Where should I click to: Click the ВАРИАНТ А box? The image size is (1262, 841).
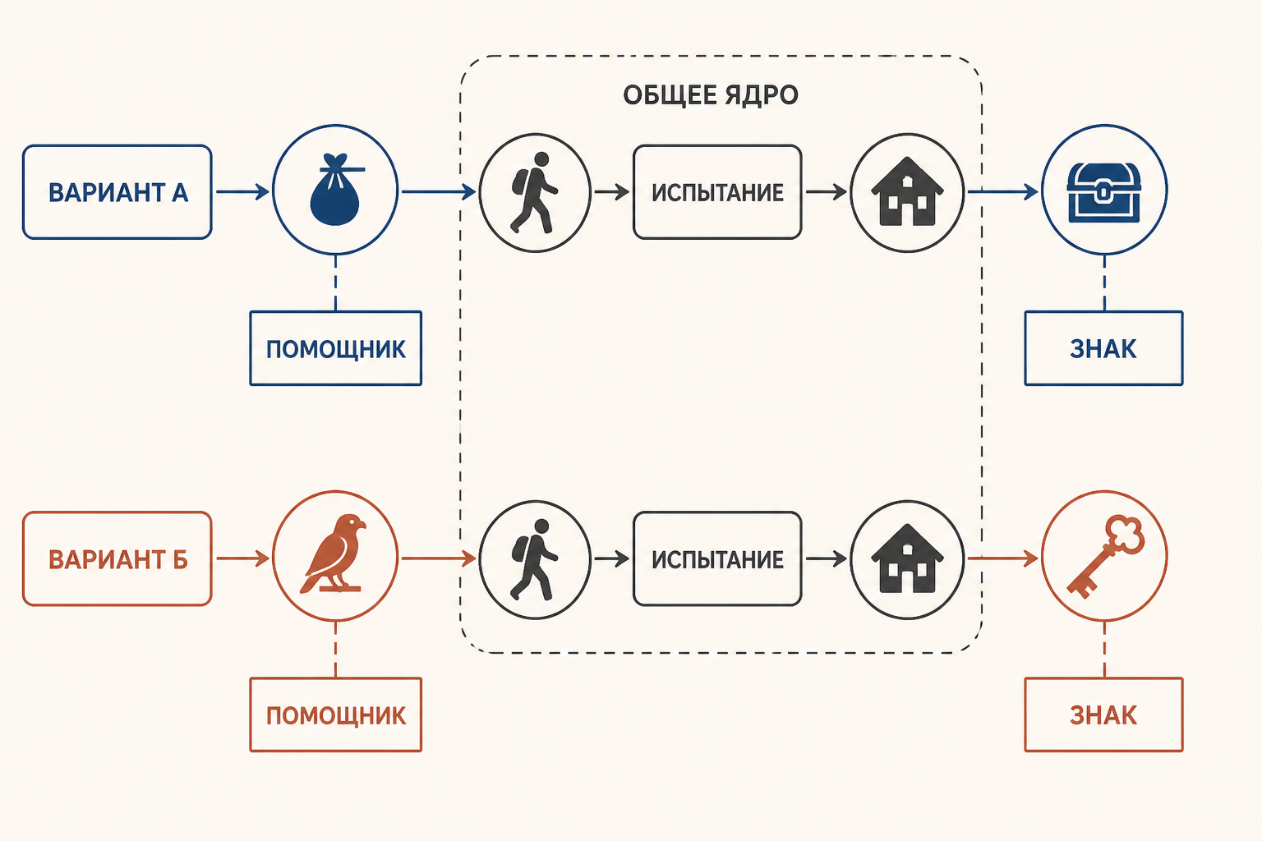pyautogui.click(x=117, y=192)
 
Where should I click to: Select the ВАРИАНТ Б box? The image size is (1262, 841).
pyautogui.click(x=117, y=558)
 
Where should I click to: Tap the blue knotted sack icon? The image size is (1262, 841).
pyautogui.click(x=335, y=189)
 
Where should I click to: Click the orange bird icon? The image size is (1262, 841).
pyautogui.click(x=334, y=554)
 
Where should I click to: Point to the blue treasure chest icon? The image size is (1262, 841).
pyautogui.click(x=1104, y=191)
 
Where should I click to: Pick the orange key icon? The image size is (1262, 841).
pyautogui.click(x=1105, y=556)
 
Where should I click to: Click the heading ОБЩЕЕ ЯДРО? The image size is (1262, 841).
pyautogui.click(x=711, y=94)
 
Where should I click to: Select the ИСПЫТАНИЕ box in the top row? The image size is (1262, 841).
pyautogui.click(x=717, y=192)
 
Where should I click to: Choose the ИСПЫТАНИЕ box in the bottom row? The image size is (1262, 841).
pyautogui.click(x=717, y=558)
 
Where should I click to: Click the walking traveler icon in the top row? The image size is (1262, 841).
pyautogui.click(x=534, y=192)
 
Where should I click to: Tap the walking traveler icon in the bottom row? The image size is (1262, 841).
pyautogui.click(x=534, y=558)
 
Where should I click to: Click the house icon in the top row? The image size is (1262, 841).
pyautogui.click(x=907, y=191)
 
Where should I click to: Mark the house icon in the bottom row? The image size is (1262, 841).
pyautogui.click(x=907, y=558)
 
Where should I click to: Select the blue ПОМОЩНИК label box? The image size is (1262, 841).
pyautogui.click(x=336, y=348)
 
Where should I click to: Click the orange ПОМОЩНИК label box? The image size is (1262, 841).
pyautogui.click(x=336, y=715)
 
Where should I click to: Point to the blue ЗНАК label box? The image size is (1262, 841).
pyautogui.click(x=1103, y=348)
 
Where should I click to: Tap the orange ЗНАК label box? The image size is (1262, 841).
pyautogui.click(x=1103, y=715)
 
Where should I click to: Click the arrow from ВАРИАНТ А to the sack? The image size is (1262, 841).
pyautogui.click(x=243, y=192)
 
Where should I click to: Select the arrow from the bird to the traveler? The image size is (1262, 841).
pyautogui.click(x=439, y=558)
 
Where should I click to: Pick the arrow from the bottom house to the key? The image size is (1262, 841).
pyautogui.click(x=1003, y=558)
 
